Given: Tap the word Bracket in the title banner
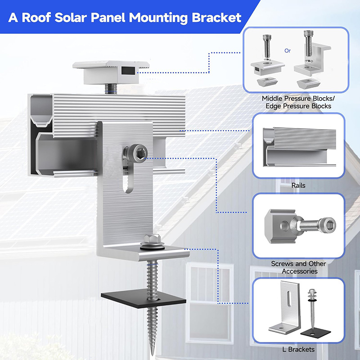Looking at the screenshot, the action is [x=216, y=18].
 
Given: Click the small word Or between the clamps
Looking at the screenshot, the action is [x=288, y=50].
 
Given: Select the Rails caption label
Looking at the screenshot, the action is [x=298, y=185].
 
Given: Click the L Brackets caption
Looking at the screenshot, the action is [x=298, y=349].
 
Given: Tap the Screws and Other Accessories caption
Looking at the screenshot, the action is [x=298, y=267].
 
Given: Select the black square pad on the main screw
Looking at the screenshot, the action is [x=143, y=298].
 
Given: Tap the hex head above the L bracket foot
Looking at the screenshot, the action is [x=152, y=239].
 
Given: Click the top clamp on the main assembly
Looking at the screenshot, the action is [x=111, y=72].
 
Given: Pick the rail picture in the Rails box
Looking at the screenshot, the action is [x=299, y=147].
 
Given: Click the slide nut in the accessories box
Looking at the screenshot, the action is [x=279, y=226].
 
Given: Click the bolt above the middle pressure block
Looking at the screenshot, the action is [x=267, y=47].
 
